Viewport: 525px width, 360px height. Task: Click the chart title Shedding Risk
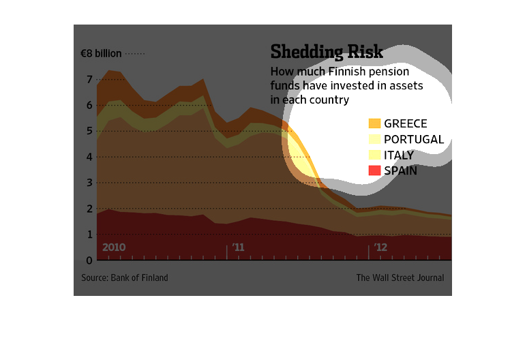[327, 52]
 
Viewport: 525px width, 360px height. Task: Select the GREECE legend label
[406, 123]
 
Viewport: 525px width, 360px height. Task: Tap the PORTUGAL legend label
[414, 139]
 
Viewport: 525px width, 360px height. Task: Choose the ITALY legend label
[399, 155]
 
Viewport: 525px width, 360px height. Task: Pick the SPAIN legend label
[401, 170]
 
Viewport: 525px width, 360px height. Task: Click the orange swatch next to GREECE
[374, 123]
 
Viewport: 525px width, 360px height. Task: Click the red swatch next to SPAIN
[374, 170]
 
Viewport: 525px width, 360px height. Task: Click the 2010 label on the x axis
[114, 247]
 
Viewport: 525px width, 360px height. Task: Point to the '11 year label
[238, 247]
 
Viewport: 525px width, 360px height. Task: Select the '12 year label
[380, 247]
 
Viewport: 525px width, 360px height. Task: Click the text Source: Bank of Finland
[125, 277]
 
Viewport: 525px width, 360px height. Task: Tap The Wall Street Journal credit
[400, 277]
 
